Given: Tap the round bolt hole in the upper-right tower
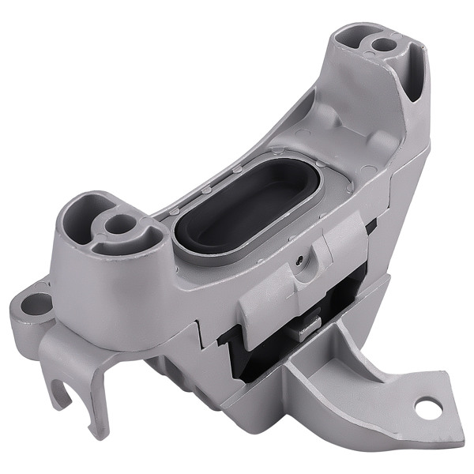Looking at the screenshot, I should click(x=383, y=45).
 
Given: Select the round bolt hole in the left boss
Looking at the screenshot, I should click(x=119, y=225).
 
